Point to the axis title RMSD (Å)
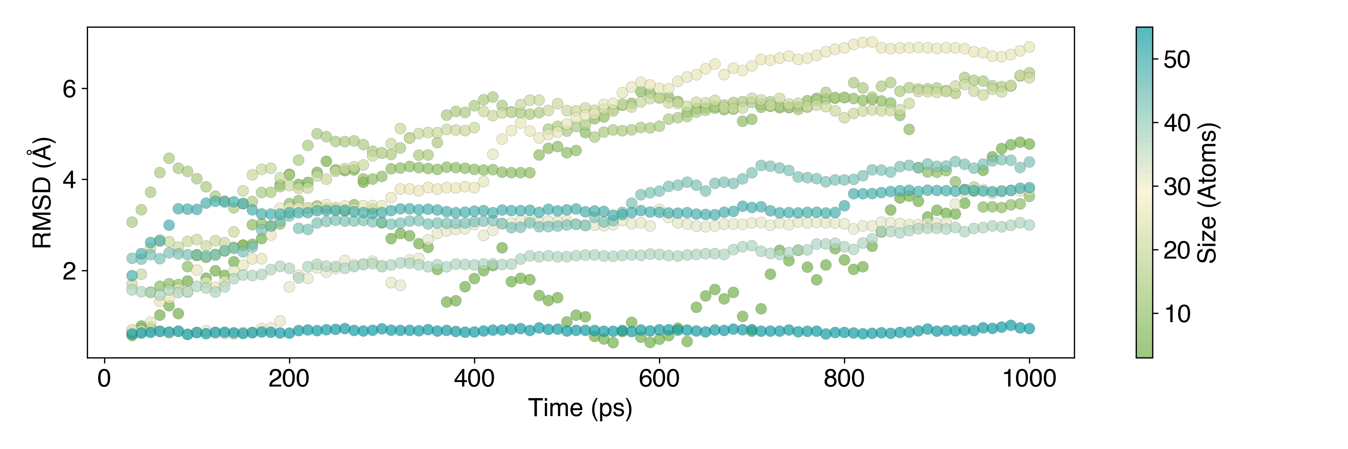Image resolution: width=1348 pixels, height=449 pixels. (x=42, y=193)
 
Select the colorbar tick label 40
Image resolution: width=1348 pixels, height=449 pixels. (x=1177, y=124)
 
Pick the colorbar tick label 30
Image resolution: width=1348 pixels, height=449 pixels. (x=1177, y=187)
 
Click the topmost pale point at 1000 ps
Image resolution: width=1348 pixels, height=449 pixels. (x=1029, y=47)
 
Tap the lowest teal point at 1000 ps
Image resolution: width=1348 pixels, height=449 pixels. (x=1029, y=328)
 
